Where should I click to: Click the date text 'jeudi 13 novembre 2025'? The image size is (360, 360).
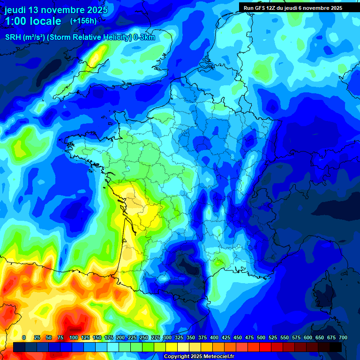click(x=56, y=10)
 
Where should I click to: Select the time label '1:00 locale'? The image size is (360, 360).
click(x=33, y=21)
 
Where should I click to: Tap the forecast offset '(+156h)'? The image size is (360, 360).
click(x=83, y=21)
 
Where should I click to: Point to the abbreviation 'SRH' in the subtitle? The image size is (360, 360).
click(x=14, y=37)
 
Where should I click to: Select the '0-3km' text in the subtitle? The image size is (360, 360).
click(x=144, y=37)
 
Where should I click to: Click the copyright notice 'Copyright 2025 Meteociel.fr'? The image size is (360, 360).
click(x=199, y=356)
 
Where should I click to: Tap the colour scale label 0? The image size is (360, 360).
click(x=24, y=337)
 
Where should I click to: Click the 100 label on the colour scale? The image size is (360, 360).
click(x=73, y=337)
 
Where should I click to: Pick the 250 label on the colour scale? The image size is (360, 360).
click(x=143, y=337)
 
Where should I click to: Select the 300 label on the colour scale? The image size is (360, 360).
click(x=167, y=337)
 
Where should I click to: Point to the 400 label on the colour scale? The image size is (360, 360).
click(x=214, y=337)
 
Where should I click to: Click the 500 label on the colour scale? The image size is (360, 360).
click(x=261, y=337)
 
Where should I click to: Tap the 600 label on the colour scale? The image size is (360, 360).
click(x=307, y=337)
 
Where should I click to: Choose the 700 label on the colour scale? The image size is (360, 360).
click(x=343, y=337)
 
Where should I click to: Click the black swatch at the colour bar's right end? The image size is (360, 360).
click(x=336, y=347)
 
